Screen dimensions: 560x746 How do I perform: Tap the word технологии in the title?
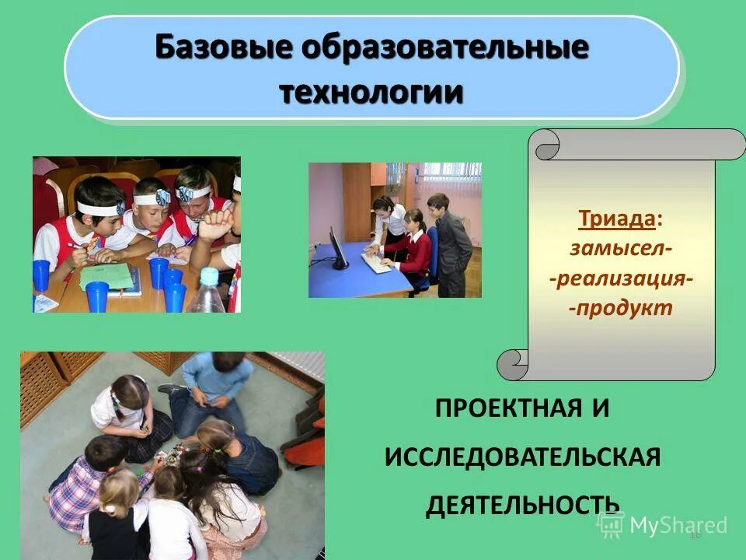click(x=371, y=92)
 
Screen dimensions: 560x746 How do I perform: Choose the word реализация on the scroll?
click(x=621, y=278)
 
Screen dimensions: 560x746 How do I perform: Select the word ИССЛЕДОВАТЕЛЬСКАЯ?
click(x=522, y=457)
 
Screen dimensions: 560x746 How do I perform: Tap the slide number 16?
click(x=695, y=534)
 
